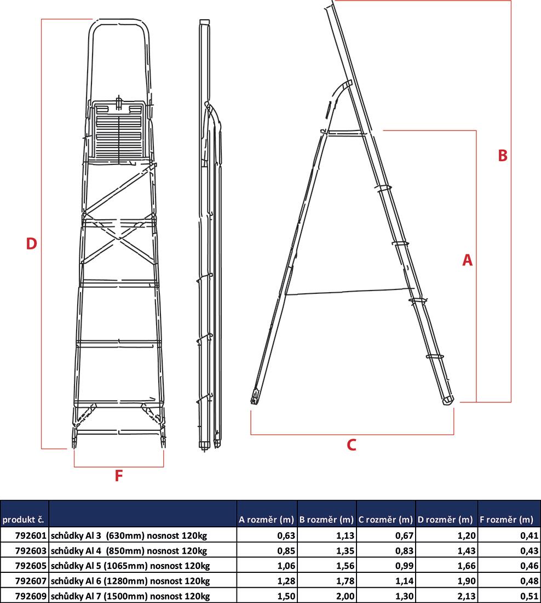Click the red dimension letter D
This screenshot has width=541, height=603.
click(x=31, y=243)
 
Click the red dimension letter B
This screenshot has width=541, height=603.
click(x=503, y=156)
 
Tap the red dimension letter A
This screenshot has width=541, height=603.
click(x=467, y=260)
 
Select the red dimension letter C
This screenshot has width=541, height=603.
click(x=352, y=445)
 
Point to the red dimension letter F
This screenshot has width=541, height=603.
click(x=118, y=476)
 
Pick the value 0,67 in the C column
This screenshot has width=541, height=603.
click(x=404, y=535)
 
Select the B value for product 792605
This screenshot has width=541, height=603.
click(x=344, y=566)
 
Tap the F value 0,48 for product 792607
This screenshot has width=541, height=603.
click(x=523, y=581)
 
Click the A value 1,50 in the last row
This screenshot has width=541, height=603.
click(x=284, y=596)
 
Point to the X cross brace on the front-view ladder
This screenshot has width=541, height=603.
click(x=117, y=236)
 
